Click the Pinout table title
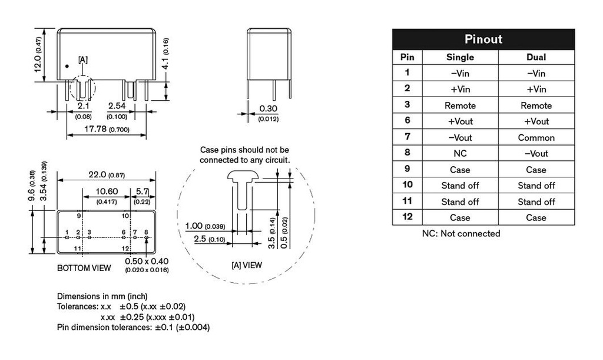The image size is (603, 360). point(483,39)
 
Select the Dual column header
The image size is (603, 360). point(536,57)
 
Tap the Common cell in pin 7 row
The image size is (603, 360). point(536,138)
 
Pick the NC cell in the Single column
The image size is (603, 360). point(460,154)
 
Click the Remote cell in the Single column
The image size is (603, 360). point(460,105)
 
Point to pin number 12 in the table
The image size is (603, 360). point(407,217)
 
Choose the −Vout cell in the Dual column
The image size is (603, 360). point(536,154)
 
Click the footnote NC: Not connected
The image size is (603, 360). point(461,233)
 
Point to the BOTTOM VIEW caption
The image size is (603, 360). point(84,268)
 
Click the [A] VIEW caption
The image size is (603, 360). point(246,265)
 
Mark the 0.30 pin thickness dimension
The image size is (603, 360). point(268,109)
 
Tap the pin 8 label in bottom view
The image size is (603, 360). point(146,232)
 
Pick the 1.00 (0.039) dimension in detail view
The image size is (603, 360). point(204,226)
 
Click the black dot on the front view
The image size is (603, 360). point(67,66)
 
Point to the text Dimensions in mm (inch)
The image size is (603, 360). point(102,296)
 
